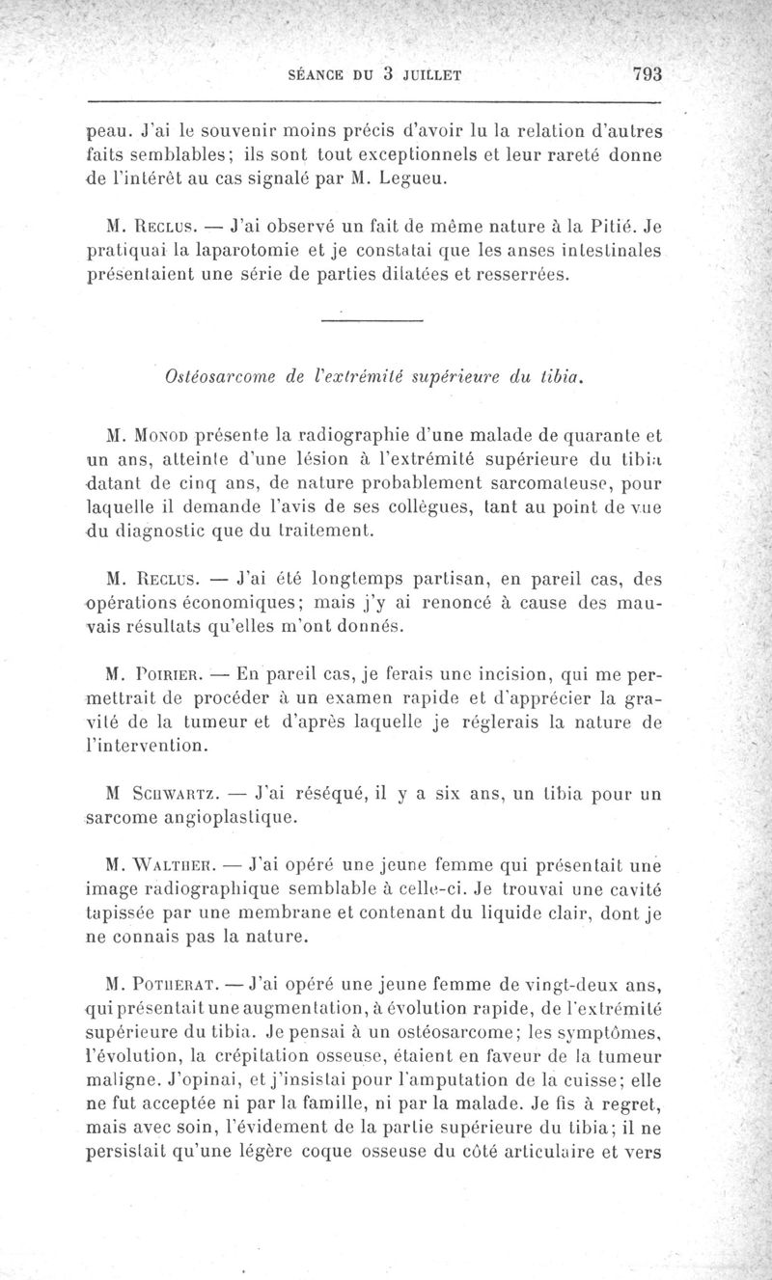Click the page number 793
click(651, 74)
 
